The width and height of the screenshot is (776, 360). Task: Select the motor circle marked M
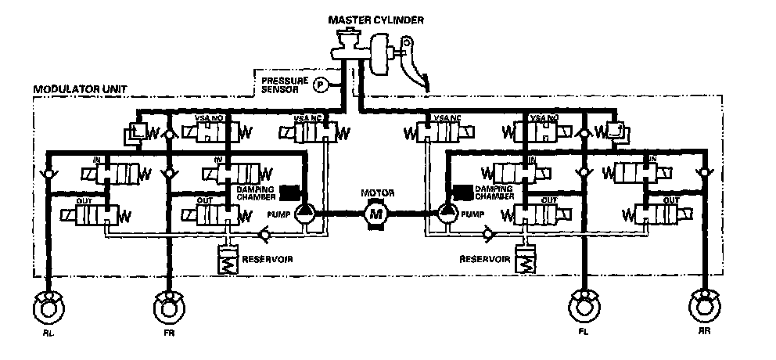pyautogui.click(x=375, y=212)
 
